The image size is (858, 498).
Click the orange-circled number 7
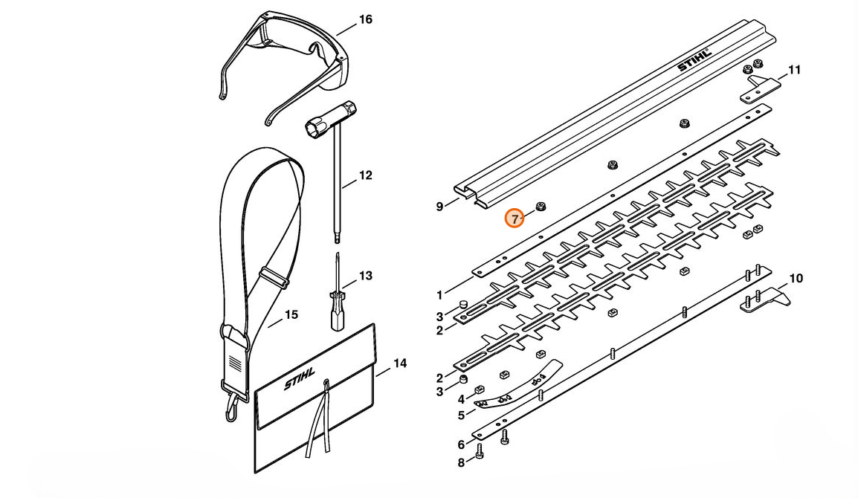point(515,219)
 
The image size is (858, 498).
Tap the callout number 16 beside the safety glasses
point(365,20)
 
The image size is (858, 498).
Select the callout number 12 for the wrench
point(365,175)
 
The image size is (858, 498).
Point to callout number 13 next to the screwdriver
point(365,276)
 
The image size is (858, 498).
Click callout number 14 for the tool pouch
point(400,363)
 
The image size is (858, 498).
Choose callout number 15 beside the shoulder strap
point(291,314)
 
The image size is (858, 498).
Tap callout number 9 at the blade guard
point(439,207)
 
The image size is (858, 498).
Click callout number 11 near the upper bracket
point(794,70)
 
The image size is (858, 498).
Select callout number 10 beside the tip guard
point(796,279)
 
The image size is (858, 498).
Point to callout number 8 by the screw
point(461,463)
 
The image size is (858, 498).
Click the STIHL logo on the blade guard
point(694,59)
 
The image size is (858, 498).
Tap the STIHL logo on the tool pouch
point(300,378)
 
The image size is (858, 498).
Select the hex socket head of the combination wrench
point(315,129)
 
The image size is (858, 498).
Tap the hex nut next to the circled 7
point(542,206)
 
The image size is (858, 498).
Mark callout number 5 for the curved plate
point(461,415)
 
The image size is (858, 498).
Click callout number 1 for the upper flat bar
point(439,296)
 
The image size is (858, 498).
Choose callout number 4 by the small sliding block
point(461,399)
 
